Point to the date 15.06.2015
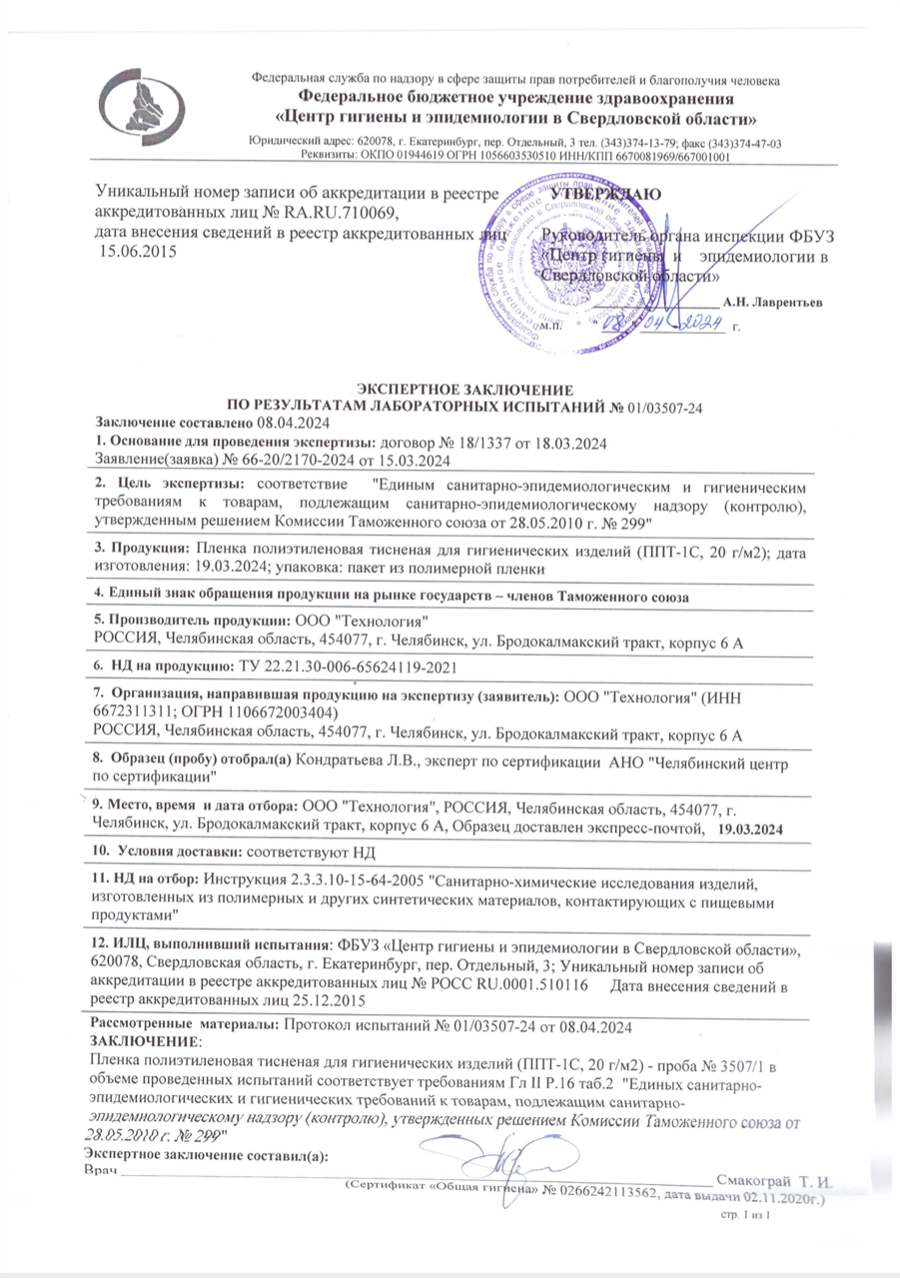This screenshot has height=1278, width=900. coord(134,251)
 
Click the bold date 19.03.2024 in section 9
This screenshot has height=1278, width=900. coord(751,829)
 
